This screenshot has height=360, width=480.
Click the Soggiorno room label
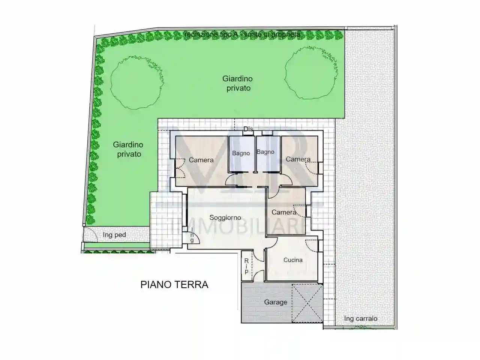(225, 217)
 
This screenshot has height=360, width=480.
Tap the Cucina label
(293, 260)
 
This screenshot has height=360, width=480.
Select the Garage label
(276, 302)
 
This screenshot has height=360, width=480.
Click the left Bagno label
(241, 153)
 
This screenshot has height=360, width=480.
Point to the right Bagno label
(265, 152)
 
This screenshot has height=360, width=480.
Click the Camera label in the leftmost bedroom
(201, 160)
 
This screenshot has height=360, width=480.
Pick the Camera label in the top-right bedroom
(298, 159)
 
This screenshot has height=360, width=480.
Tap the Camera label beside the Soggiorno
(284, 213)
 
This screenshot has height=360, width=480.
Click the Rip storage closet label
(246, 266)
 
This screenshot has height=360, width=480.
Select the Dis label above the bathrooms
(248, 129)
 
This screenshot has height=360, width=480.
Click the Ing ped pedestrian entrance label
(114, 235)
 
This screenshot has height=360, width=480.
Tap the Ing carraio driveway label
(361, 319)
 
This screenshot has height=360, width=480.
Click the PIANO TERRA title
(174, 285)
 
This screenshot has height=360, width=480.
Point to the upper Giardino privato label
(238, 83)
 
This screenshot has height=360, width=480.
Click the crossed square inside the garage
(307, 303)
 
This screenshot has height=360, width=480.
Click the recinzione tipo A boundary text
(242, 34)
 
